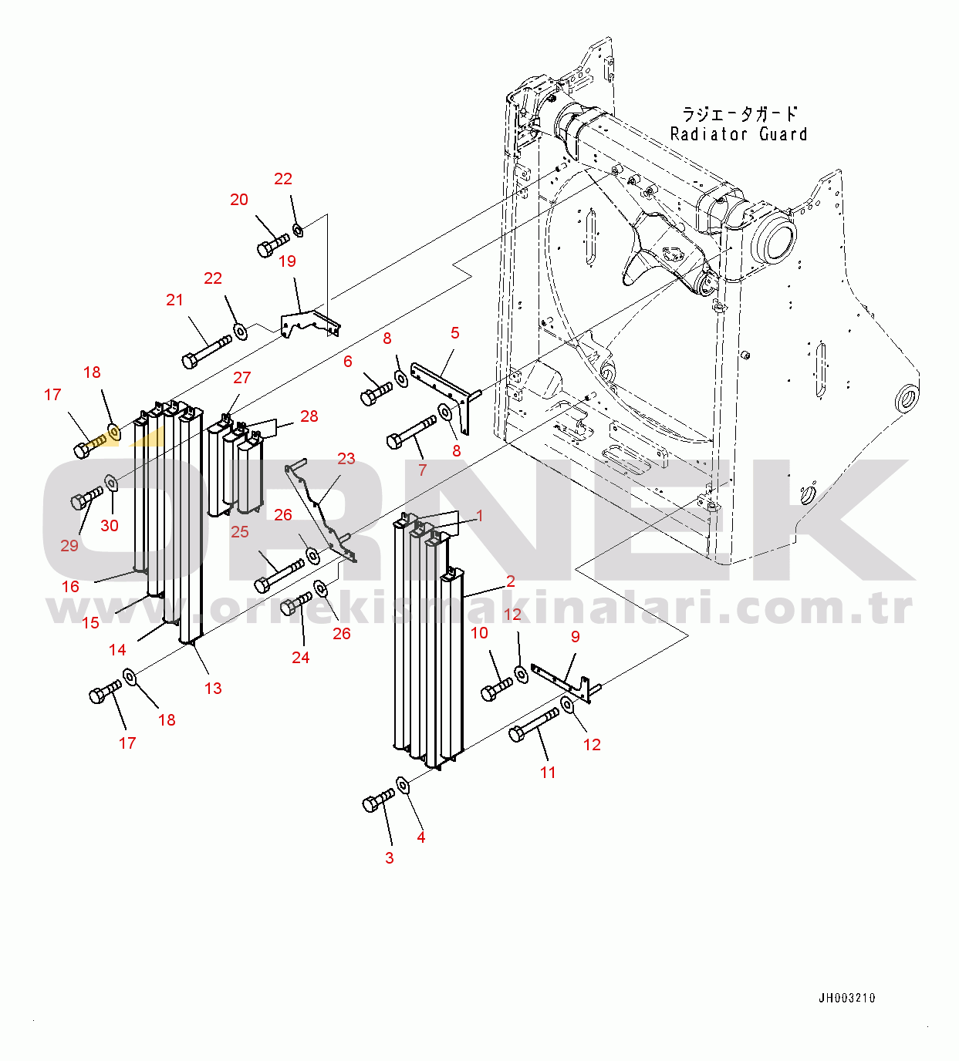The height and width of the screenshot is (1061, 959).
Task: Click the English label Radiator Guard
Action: pos(739,134)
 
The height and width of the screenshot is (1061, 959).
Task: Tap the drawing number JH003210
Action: pos(847,998)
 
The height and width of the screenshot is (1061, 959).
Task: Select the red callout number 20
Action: pos(238,200)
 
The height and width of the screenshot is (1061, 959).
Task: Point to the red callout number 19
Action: pos(287,261)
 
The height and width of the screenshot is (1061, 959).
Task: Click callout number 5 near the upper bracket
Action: pos(454,332)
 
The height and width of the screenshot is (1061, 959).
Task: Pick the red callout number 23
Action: pos(346,458)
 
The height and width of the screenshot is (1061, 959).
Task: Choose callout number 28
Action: pos(309,416)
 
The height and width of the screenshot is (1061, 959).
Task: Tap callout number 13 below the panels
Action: pos(213,688)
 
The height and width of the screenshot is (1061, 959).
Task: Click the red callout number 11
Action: pos(547,772)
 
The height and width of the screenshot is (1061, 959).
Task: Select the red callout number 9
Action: pos(576,636)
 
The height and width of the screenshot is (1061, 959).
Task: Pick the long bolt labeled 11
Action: pos(533,725)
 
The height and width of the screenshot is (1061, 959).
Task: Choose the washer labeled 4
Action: pos(402,785)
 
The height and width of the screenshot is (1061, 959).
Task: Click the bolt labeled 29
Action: pos(86,497)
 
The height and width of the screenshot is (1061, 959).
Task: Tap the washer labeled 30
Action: pos(111,483)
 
